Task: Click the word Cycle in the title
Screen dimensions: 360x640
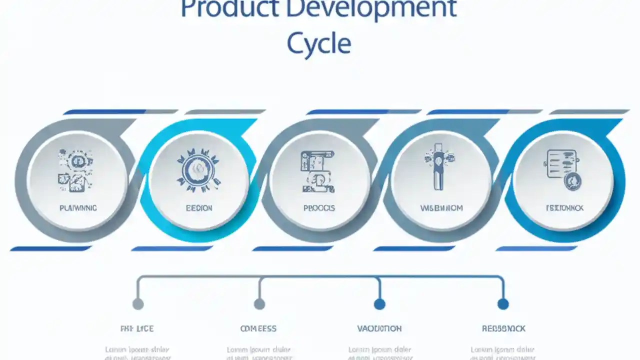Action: tap(318, 44)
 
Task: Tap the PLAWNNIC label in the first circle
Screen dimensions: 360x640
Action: tap(78, 207)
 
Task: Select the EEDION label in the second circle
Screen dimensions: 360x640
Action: tap(199, 207)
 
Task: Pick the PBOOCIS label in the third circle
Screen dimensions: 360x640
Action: tap(319, 207)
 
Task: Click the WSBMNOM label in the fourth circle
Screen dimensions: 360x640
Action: tap(441, 207)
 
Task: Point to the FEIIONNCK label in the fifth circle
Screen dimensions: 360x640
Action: tap(564, 207)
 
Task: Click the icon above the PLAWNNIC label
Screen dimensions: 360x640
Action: tap(77, 170)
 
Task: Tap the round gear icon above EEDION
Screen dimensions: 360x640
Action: tap(198, 170)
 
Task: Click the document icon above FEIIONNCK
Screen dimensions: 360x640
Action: tap(563, 169)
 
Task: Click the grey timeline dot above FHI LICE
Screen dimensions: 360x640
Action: tap(138, 303)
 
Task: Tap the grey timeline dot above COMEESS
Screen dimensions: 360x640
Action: tap(259, 303)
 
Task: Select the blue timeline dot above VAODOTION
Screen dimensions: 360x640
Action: tap(379, 303)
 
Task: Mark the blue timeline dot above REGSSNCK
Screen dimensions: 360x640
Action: tap(503, 303)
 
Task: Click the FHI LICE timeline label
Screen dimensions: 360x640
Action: tap(137, 328)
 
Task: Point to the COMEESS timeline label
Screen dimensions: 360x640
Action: tap(258, 328)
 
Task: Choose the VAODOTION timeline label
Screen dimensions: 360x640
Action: tap(379, 328)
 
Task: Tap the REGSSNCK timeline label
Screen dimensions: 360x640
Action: tap(503, 328)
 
